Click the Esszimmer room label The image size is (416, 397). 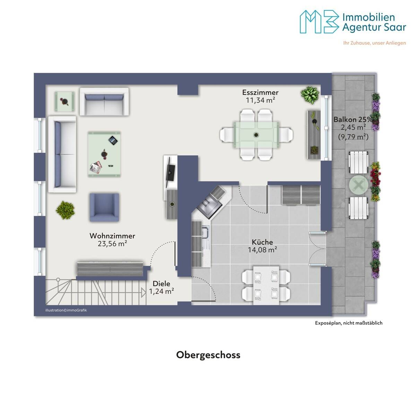tap(260, 92)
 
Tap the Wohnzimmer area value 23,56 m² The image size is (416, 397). tap(112, 244)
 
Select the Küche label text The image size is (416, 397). tap(262, 242)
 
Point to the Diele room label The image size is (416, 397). tap(161, 284)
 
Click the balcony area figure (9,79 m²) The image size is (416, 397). tap(353, 137)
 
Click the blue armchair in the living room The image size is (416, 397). tap(104, 207)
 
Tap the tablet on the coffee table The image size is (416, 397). tap(113, 141)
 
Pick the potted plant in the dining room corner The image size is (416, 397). tap(310, 95)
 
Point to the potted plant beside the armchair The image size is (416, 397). tap(65, 210)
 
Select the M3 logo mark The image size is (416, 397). tap(319, 22)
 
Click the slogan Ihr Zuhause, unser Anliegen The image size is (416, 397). tap(374, 43)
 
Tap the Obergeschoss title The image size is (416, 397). tap(208, 355)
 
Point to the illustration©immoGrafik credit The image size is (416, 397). tap(66, 310)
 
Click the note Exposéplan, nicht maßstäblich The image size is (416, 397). tap(348, 323)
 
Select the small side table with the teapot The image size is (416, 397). tap(64, 101)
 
